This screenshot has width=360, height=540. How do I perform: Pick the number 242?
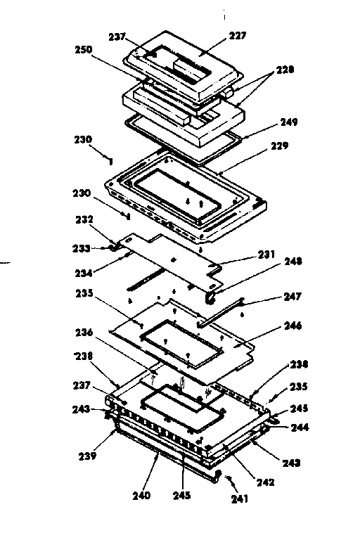[x=264, y=482]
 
